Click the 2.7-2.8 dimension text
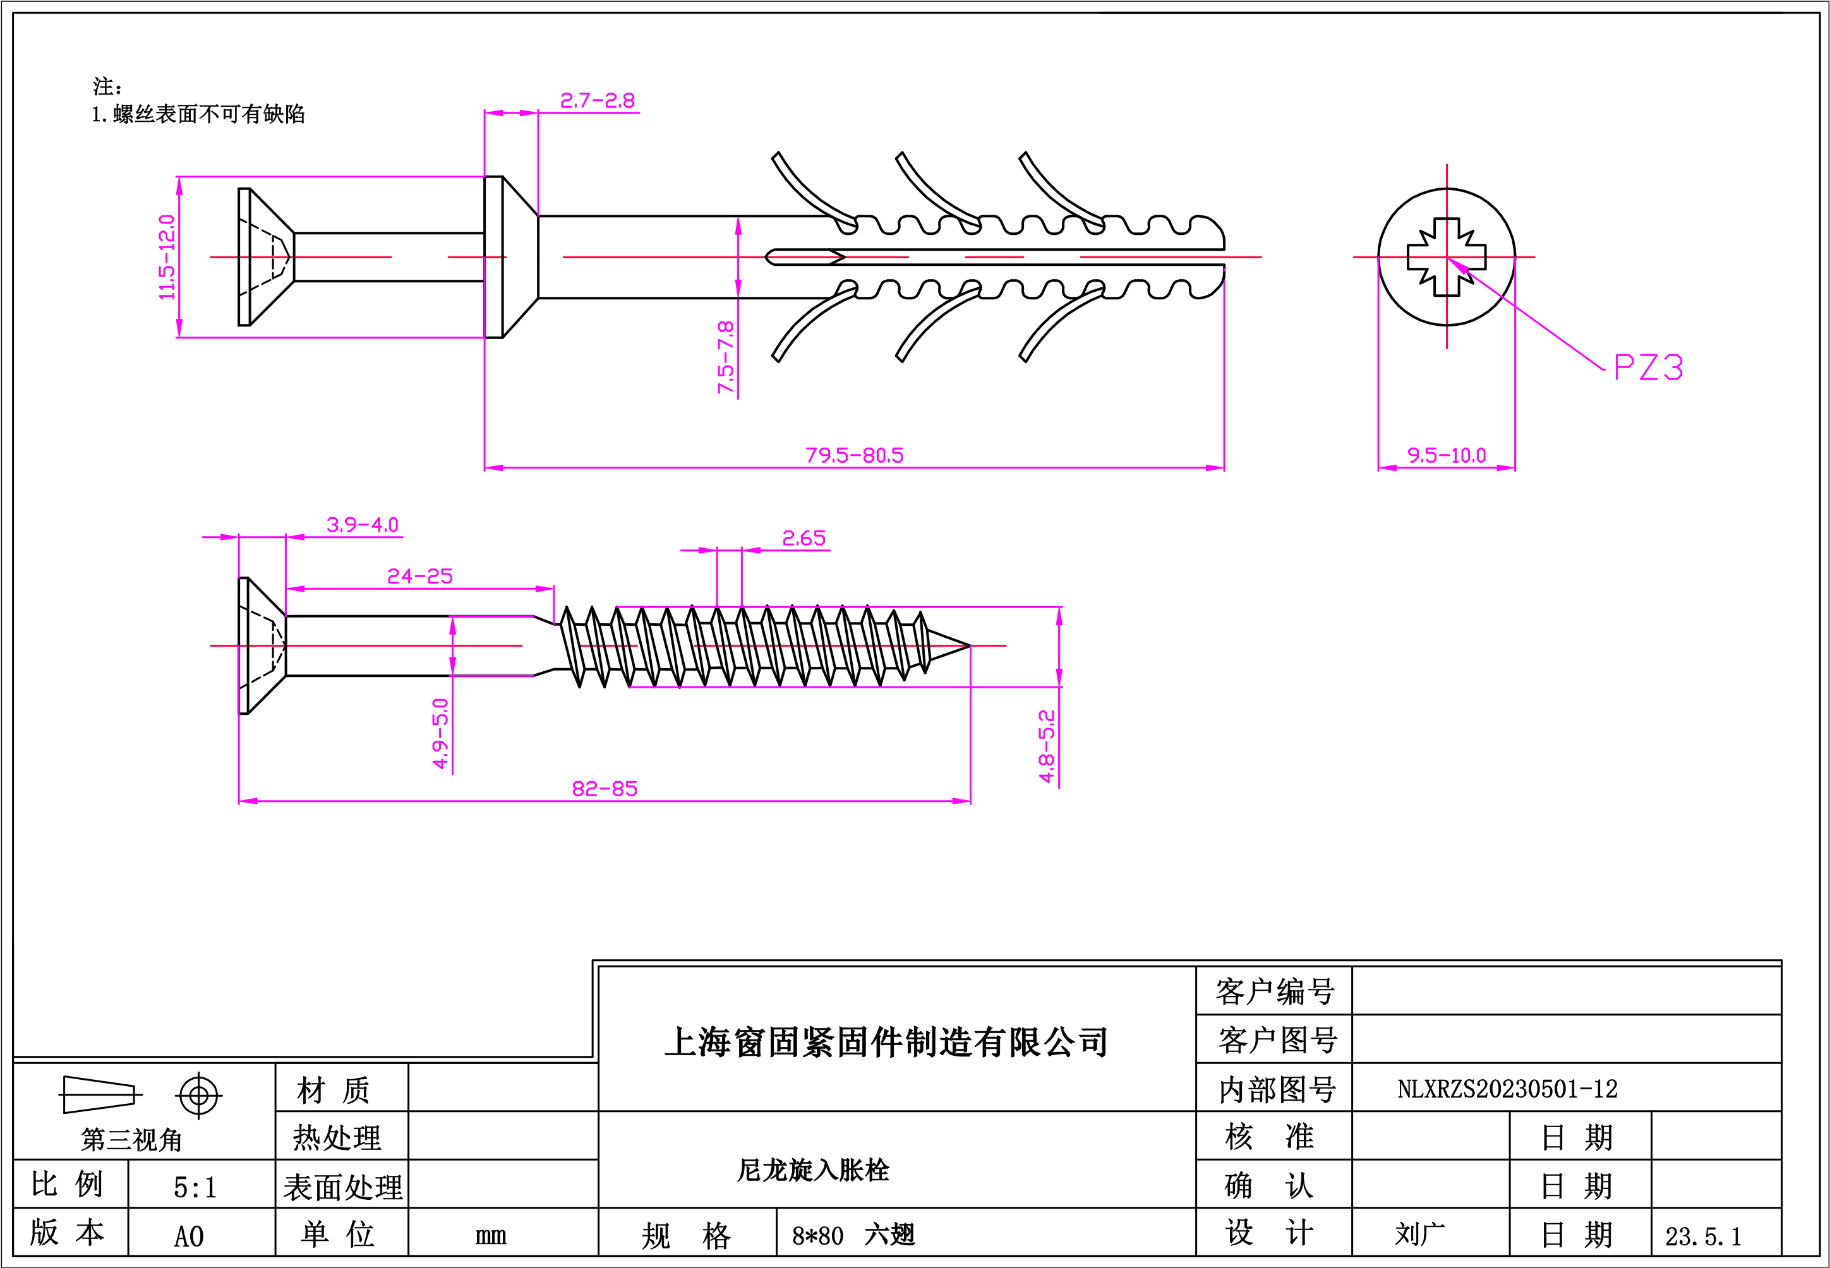598,101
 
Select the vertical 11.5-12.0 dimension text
167,256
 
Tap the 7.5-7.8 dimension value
725,357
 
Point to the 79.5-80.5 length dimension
854,455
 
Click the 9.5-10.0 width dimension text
1446,455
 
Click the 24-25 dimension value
419,576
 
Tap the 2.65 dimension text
804,539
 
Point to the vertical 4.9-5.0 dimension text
440,733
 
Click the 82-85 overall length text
605,789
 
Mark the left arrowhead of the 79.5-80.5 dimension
493,468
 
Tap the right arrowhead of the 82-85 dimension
961,801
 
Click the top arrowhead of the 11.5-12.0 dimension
179,186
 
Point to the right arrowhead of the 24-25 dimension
545,589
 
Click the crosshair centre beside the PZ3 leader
1447,258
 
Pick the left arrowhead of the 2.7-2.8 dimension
493,113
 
